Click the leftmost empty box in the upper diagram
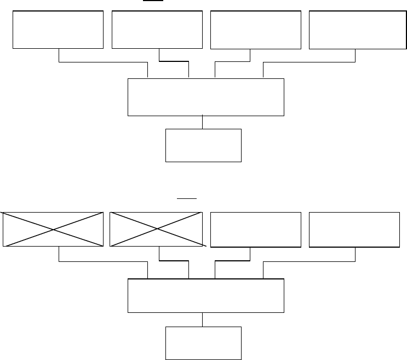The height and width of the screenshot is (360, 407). (x=58, y=30)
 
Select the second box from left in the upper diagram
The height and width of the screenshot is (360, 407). (x=157, y=30)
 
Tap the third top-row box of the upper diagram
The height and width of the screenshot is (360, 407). (x=256, y=30)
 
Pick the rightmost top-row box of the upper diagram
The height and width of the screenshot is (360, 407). (x=354, y=30)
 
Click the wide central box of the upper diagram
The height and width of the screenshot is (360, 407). (x=206, y=97)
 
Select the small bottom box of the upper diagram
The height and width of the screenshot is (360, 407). (x=203, y=145)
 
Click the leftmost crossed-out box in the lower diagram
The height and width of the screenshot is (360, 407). (x=53, y=229)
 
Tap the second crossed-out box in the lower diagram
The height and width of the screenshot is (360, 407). (x=157, y=229)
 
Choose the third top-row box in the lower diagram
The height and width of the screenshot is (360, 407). (x=256, y=229)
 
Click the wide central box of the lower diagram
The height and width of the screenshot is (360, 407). (x=206, y=296)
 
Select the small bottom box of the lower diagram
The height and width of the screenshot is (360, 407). (x=203, y=344)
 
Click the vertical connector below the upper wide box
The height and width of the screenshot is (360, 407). (x=203, y=122)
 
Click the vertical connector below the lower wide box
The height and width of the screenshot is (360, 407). (x=203, y=319)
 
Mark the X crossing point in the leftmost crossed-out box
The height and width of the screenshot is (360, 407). (x=53, y=229)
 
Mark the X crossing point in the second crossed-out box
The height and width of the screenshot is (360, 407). (x=157, y=229)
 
